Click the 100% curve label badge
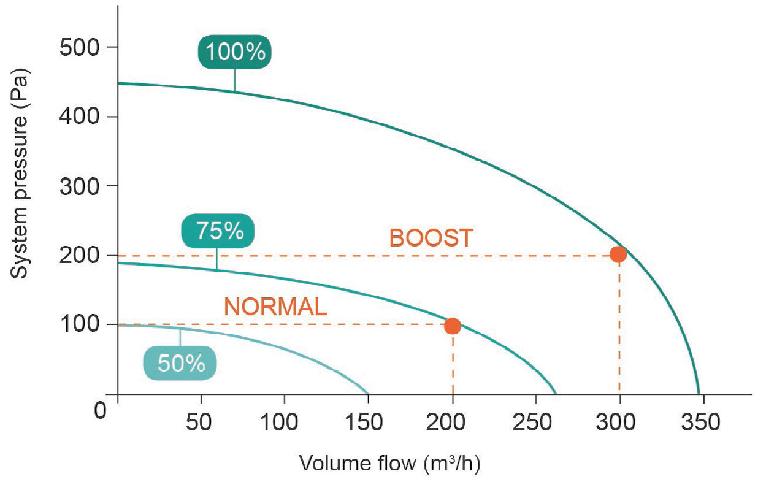234,52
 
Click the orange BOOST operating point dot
618,254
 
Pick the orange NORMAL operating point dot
453,326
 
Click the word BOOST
431,237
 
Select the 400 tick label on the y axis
80,117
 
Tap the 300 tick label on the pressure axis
80,186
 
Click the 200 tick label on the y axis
80,255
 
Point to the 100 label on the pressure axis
80,324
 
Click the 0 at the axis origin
101,409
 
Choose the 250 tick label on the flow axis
535,423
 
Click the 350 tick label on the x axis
703,423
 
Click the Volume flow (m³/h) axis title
389,463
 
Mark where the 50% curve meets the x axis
368,394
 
